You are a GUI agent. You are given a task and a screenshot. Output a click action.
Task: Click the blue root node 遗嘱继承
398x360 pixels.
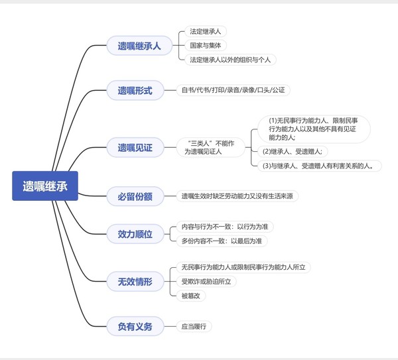tap(45, 186)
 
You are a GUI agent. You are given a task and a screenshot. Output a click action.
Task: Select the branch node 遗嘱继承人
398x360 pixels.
tap(139, 46)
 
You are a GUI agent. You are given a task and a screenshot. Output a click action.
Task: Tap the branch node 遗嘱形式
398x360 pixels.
tap(135, 90)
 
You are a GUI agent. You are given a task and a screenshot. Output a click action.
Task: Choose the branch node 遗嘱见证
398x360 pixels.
tap(135, 148)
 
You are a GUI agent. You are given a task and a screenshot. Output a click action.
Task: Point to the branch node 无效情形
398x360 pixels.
tap(135, 282)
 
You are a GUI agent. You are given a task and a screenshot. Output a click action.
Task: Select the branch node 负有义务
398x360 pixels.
tap(135, 326)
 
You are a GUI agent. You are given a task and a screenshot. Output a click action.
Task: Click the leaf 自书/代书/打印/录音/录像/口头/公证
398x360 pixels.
tap(233, 90)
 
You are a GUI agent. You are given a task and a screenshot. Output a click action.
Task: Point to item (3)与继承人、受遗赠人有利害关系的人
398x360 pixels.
tap(321, 166)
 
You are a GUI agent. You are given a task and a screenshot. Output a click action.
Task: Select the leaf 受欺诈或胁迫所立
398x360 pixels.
tap(208, 282)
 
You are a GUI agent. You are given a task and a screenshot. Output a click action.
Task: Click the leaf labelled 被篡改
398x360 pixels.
tap(193, 296)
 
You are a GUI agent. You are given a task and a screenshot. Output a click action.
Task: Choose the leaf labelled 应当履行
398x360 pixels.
tap(194, 326)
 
